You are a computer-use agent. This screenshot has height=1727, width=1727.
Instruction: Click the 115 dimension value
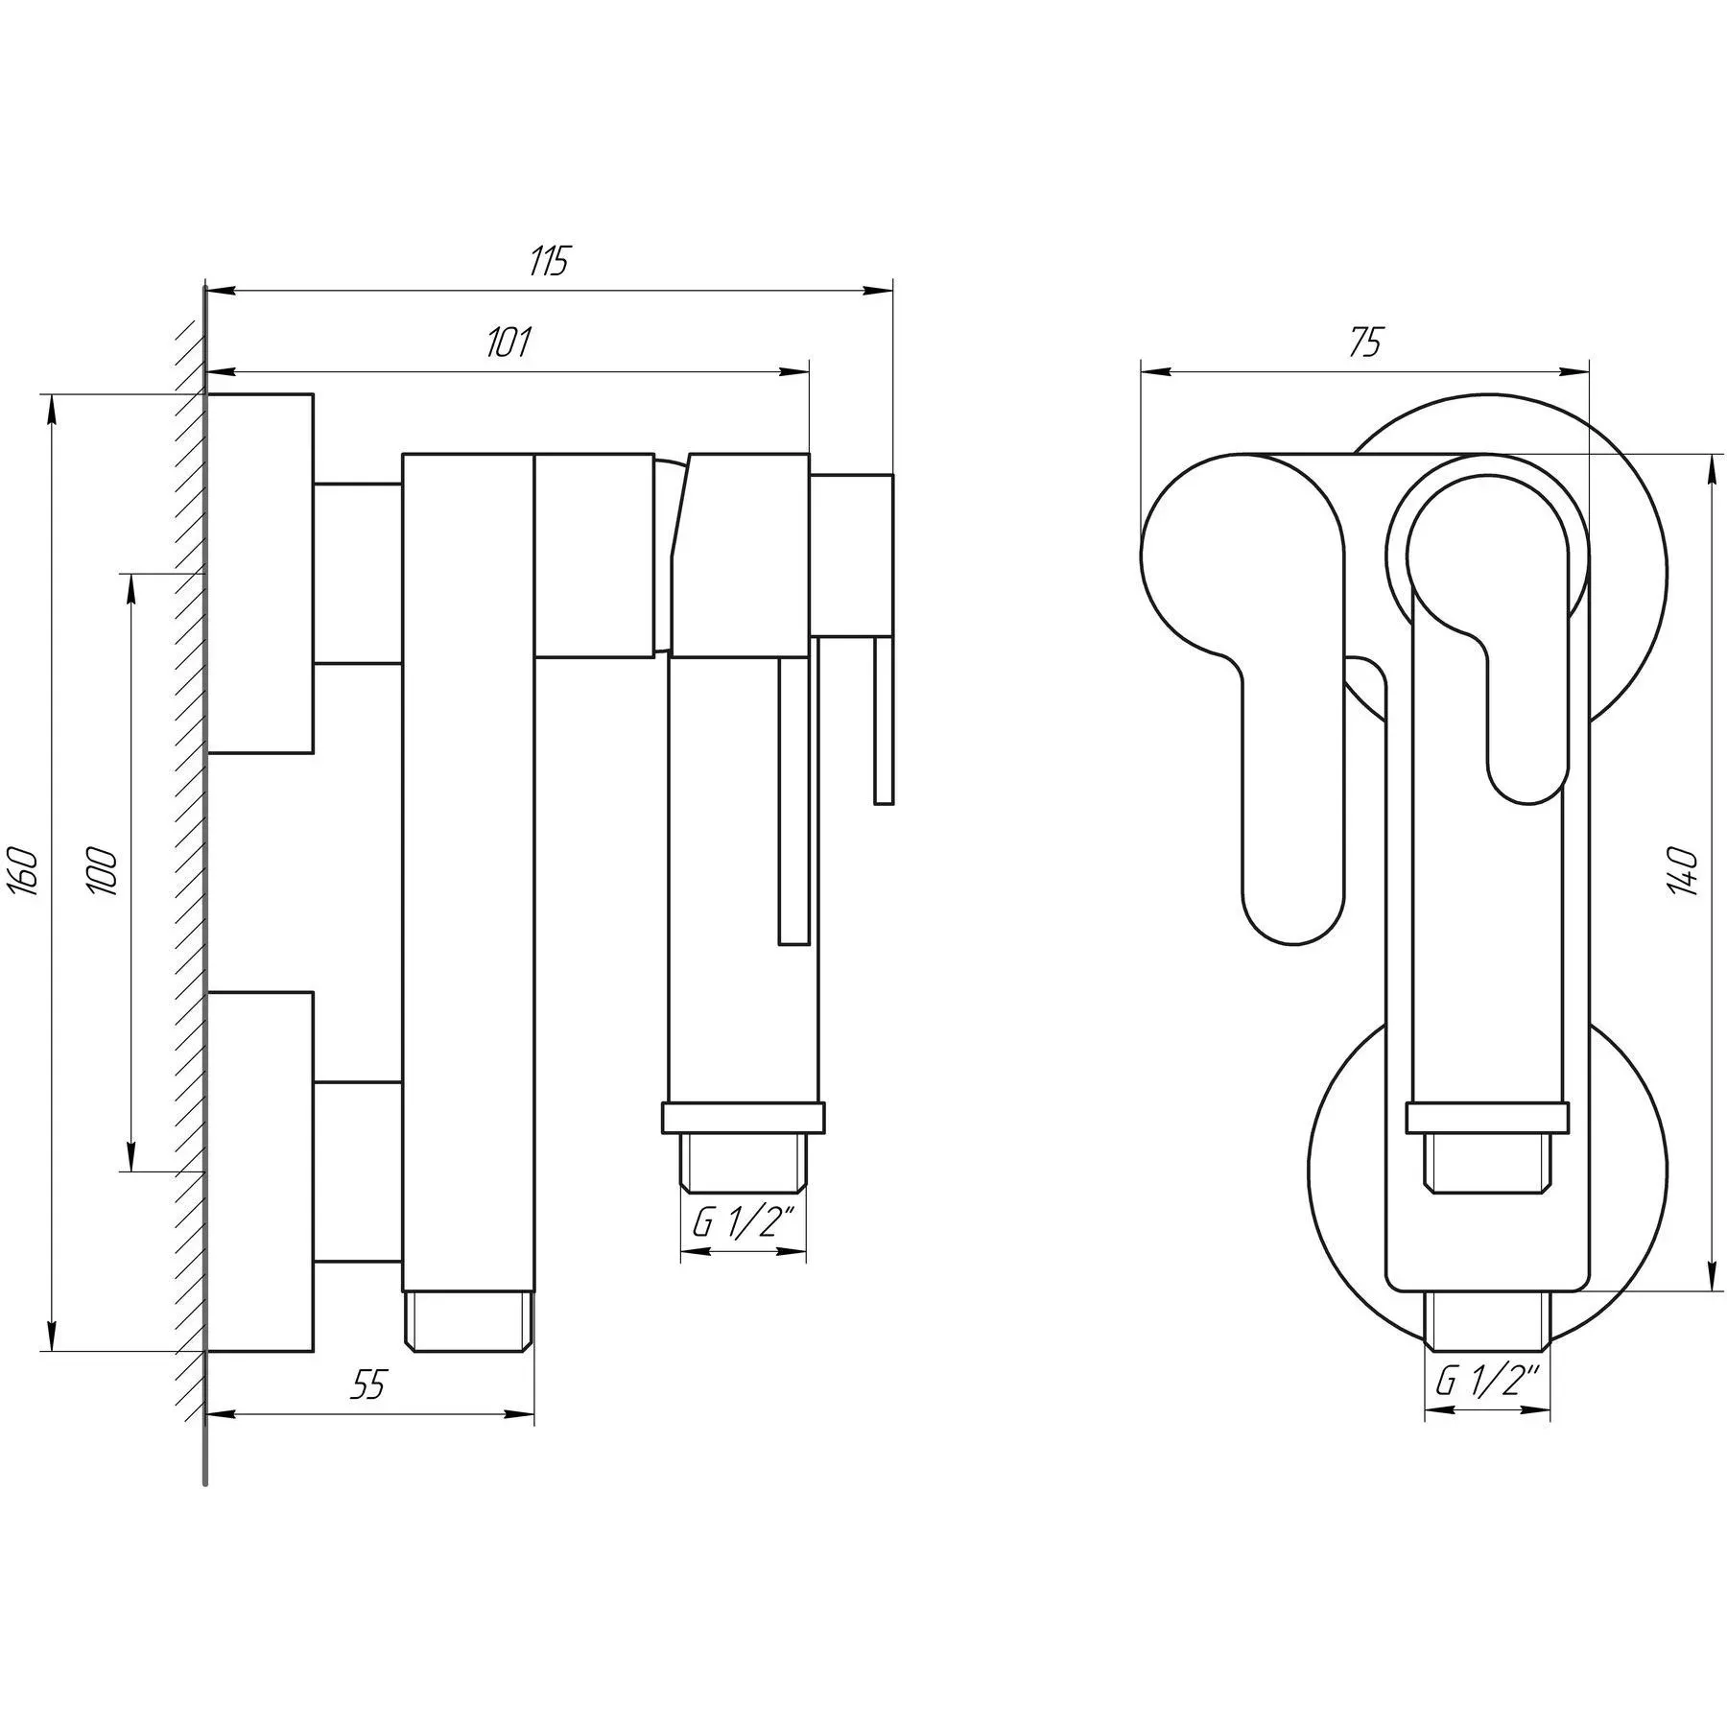(x=550, y=261)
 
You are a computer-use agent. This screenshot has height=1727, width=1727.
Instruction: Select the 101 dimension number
(x=509, y=343)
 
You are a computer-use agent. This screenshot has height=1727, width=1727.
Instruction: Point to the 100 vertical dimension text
(x=104, y=871)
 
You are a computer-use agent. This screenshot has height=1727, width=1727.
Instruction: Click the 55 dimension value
(x=368, y=1384)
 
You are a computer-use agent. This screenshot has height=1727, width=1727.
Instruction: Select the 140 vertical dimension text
(x=1684, y=871)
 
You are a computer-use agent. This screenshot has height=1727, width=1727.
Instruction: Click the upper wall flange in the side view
(x=260, y=573)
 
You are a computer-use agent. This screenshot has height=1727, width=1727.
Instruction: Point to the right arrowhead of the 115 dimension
(x=881, y=290)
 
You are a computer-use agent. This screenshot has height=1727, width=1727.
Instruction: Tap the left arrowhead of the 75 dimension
(x=1154, y=371)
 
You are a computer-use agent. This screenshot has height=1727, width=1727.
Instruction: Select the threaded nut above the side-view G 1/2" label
(x=744, y=1161)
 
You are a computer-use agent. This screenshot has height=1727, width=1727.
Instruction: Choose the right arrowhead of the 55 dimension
(x=522, y=1413)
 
